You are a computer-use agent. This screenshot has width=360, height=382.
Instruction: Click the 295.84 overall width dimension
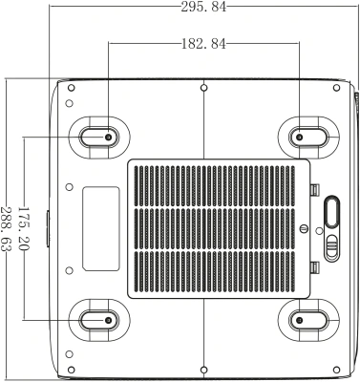pyautogui.click(x=203, y=8)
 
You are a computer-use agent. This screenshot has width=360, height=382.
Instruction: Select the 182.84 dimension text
pyautogui.click(x=203, y=43)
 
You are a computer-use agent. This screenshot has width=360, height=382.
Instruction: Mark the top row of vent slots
pyautogui.click(x=219, y=182)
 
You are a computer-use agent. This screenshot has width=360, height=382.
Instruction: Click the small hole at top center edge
pyautogui.click(x=204, y=87)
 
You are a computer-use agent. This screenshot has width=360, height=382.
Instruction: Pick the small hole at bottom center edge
pyautogui.click(x=204, y=366)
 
